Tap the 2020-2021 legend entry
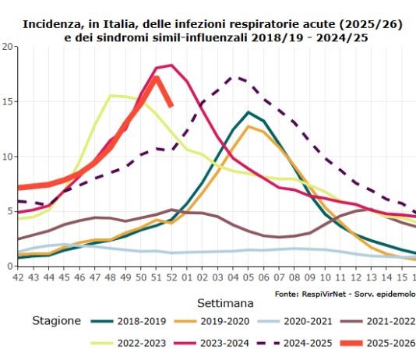click(x=307, y=320)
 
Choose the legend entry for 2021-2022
click(x=389, y=320)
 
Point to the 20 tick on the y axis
click(x=8, y=46)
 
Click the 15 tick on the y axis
click(x=8, y=101)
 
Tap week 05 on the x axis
click(x=247, y=277)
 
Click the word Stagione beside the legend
click(x=57, y=320)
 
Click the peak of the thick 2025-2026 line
click(x=157, y=78)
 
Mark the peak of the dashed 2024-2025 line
click(x=233, y=77)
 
